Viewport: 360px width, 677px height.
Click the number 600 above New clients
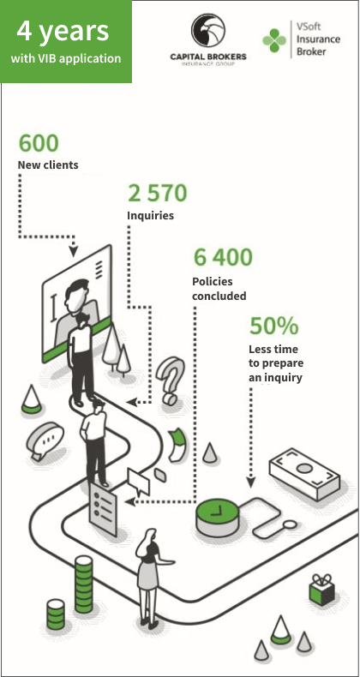pyautogui.click(x=39, y=143)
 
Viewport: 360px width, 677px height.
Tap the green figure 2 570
pyautogui.click(x=158, y=193)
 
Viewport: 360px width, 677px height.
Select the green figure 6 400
pyautogui.click(x=223, y=257)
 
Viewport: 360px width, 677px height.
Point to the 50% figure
pyautogui.click(x=274, y=326)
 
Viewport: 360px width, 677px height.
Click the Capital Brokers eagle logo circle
pyautogui.click(x=208, y=30)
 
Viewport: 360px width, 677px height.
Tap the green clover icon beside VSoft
pyautogui.click(x=274, y=40)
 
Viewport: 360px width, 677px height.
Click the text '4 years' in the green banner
pyautogui.click(x=63, y=32)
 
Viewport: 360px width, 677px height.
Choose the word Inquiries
pyautogui.click(x=150, y=215)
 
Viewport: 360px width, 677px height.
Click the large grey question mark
pyautogui.click(x=170, y=380)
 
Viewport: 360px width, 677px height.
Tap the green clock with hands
pyautogui.click(x=217, y=517)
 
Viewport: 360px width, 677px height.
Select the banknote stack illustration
pyautogui.click(x=305, y=474)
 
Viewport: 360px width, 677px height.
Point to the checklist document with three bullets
pyautogui.click(x=103, y=508)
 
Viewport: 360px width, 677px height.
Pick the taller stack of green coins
pyautogui.click(x=84, y=584)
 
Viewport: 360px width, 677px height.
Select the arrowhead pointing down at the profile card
pyautogui.click(x=74, y=251)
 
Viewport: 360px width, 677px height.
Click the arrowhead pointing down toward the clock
pyautogui.click(x=251, y=482)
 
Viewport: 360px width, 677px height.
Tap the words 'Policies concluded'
pyautogui.click(x=219, y=289)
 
